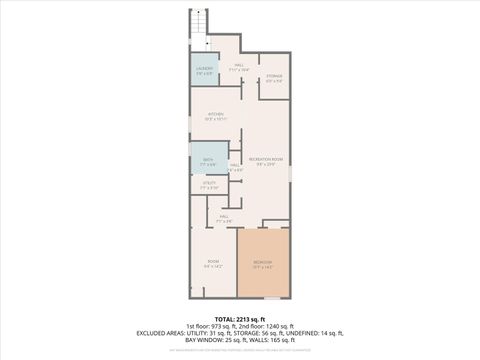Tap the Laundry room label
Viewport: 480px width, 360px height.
pyautogui.click(x=203, y=67)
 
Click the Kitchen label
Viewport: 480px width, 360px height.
pyautogui.click(x=214, y=114)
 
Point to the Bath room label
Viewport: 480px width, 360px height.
pyautogui.click(x=208, y=159)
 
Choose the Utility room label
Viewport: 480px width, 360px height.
pyautogui.click(x=209, y=183)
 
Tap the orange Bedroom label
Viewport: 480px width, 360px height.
pyautogui.click(x=263, y=262)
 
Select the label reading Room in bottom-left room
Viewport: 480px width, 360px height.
pyautogui.click(x=212, y=262)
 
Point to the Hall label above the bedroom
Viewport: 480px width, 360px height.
pyautogui.click(x=224, y=217)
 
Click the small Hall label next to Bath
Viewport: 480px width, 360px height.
pyautogui.click(x=235, y=166)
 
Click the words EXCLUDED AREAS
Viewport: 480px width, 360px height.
pyautogui.click(x=162, y=332)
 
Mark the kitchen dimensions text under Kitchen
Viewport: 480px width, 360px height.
pyautogui.click(x=214, y=120)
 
